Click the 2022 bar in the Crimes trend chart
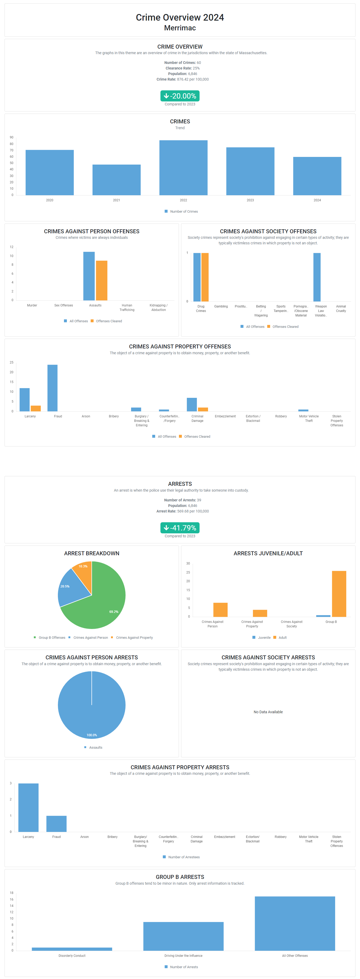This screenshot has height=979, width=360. (x=183, y=167)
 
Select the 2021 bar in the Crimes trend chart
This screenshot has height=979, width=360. (x=116, y=180)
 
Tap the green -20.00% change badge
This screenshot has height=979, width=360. (x=180, y=96)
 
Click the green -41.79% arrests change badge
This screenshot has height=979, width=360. (x=180, y=528)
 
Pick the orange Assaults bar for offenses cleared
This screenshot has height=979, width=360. (x=101, y=281)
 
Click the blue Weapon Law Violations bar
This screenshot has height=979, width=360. (x=317, y=277)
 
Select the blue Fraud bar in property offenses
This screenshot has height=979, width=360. (x=52, y=388)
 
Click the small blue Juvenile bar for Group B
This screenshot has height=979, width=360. (x=323, y=616)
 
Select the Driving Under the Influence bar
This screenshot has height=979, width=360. (x=183, y=936)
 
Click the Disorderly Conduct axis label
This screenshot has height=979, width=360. (x=72, y=955)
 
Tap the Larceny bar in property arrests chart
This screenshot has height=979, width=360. (x=29, y=807)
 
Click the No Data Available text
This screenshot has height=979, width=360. (x=268, y=712)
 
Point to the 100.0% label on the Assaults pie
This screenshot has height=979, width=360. (x=92, y=735)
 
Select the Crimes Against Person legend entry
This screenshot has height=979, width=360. (x=88, y=637)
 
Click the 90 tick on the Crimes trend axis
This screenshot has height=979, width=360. (x=11, y=137)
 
